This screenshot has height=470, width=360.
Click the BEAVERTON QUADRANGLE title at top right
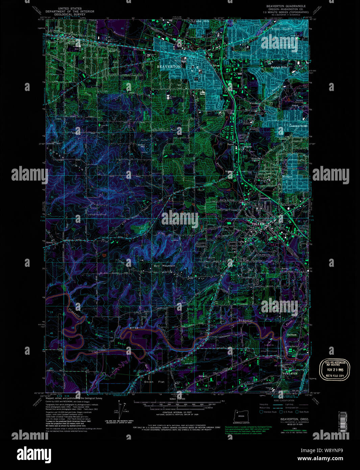(286, 6)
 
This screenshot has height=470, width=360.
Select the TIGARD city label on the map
(258, 224)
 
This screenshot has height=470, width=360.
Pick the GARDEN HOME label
(298, 126)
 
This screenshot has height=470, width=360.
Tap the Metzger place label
(287, 177)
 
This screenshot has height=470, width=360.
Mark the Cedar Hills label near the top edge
(202, 21)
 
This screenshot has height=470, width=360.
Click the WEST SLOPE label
(282, 29)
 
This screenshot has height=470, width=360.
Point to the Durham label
(291, 335)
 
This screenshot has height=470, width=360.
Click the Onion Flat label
(154, 382)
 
